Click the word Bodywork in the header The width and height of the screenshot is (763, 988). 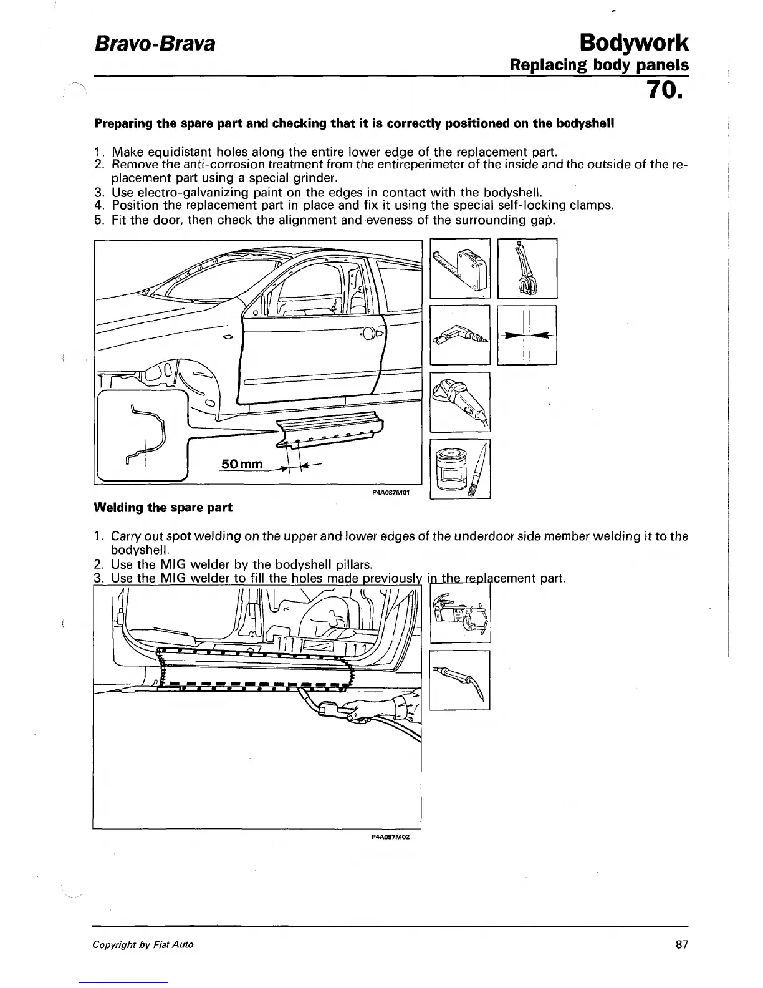tap(633, 42)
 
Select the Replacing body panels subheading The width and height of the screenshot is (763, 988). tap(598, 65)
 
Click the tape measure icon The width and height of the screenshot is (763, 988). tap(461, 268)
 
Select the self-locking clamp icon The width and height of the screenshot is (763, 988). tap(527, 268)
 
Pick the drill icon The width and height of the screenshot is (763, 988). tap(461, 335)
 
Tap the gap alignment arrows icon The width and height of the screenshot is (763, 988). tap(527, 335)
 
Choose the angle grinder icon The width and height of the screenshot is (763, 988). tap(461, 402)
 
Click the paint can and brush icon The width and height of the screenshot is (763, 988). tap(461, 469)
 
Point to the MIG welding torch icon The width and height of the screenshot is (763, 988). tap(460, 680)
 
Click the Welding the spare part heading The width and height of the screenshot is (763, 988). tap(163, 508)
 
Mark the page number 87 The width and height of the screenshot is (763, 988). tap(681, 944)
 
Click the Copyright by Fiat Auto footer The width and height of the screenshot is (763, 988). tap(143, 944)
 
